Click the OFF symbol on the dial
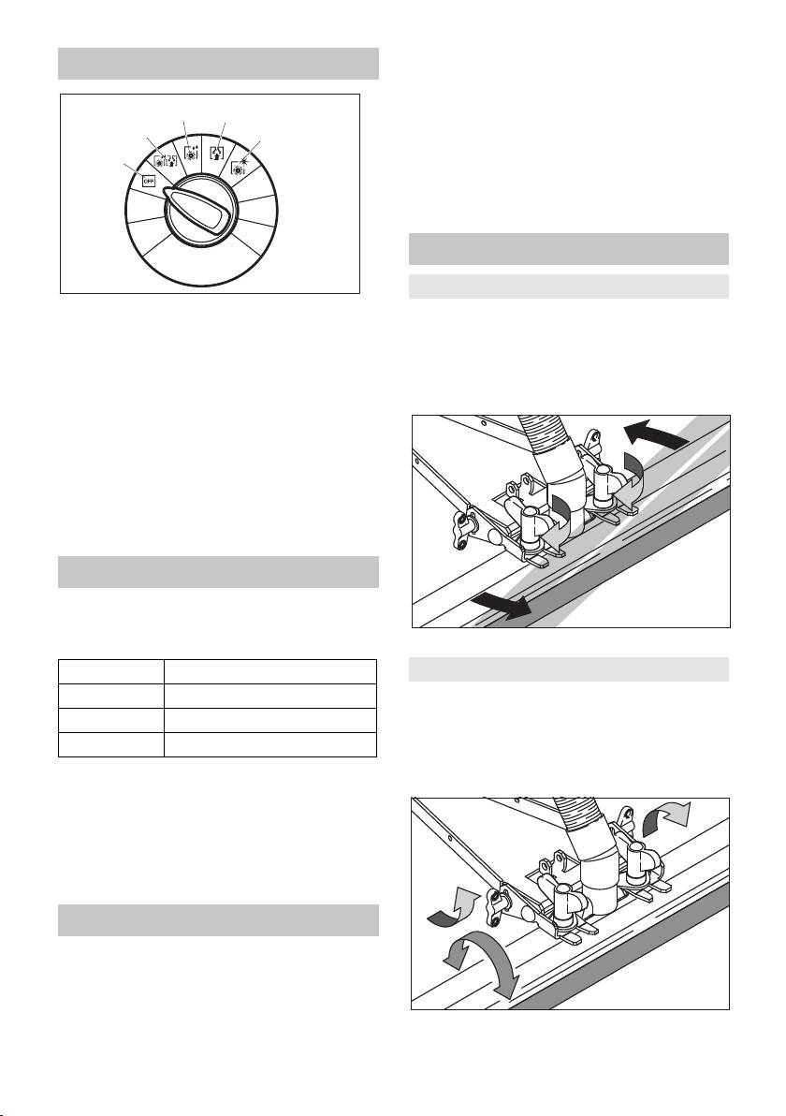pyautogui.click(x=149, y=181)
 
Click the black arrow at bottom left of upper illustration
pyautogui.click(x=500, y=605)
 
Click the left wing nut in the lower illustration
pyautogui.click(x=562, y=892)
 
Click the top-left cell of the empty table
pyautogui.click(x=111, y=672)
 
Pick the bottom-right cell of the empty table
pyautogui.click(x=270, y=744)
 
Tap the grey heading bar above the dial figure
pyautogui.click(x=218, y=64)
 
